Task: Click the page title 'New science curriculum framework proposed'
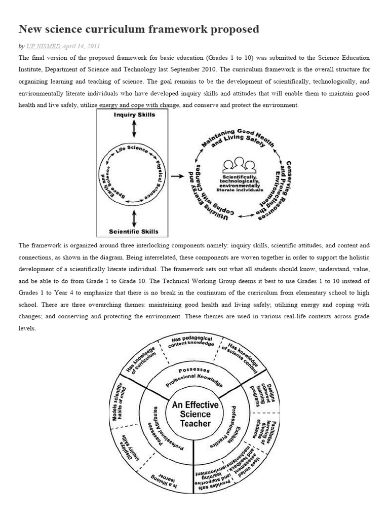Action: (x=139, y=29)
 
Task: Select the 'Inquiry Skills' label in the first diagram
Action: (x=134, y=115)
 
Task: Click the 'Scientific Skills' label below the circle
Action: (x=134, y=232)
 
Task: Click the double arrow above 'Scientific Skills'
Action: (x=134, y=218)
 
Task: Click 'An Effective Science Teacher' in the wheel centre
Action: (x=195, y=414)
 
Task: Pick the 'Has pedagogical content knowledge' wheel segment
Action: (x=191, y=342)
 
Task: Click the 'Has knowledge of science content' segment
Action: (x=241, y=354)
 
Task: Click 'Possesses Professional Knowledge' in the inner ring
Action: (x=194, y=376)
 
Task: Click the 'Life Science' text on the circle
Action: (x=132, y=150)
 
